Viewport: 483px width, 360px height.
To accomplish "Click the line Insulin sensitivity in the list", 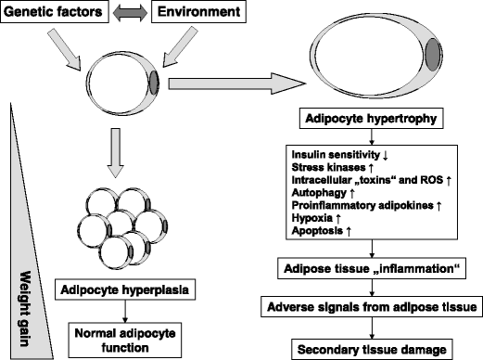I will (x=339, y=152).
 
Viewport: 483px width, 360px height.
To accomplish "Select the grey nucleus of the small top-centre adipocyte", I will (x=155, y=81).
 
